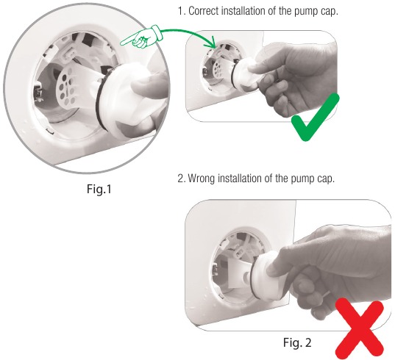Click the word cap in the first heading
pos(343,13)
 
